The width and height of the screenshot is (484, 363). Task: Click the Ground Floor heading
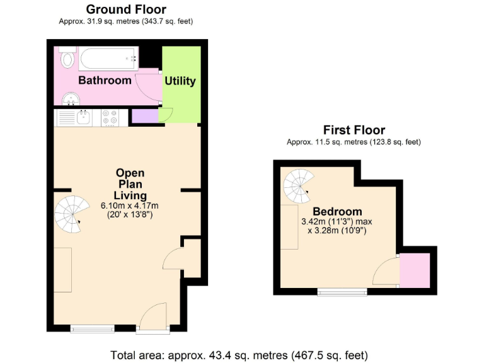click(x=126, y=9)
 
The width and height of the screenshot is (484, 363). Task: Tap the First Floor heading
click(x=354, y=130)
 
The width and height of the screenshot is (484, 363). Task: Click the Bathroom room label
click(x=105, y=80)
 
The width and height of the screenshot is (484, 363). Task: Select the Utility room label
click(x=180, y=81)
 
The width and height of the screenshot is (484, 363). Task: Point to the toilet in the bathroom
click(x=67, y=57)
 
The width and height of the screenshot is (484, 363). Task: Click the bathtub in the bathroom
click(x=108, y=59)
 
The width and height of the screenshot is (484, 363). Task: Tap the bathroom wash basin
click(x=71, y=99)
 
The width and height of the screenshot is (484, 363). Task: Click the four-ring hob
click(x=110, y=118)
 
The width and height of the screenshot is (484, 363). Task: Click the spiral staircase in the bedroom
click(x=299, y=186)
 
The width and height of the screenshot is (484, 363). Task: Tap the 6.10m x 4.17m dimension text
click(x=130, y=205)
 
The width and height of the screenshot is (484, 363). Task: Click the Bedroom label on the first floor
click(x=337, y=212)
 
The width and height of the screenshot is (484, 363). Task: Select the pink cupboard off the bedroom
click(x=415, y=270)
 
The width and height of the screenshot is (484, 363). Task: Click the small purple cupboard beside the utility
click(x=145, y=116)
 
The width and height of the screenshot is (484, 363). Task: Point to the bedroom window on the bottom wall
click(x=342, y=292)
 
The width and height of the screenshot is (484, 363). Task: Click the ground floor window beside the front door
click(x=92, y=328)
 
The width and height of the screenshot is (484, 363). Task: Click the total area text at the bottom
click(x=239, y=355)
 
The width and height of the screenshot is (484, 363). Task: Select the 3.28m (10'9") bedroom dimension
click(x=337, y=231)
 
